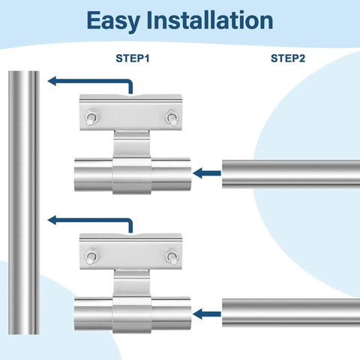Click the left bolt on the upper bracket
(91, 118)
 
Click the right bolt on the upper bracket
(172, 118)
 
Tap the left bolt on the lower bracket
(91, 257)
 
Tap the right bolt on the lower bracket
(172, 257)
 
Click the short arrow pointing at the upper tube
(208, 173)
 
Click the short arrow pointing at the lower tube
(208, 312)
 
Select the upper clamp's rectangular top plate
(131, 115)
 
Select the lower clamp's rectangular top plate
(131, 253)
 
